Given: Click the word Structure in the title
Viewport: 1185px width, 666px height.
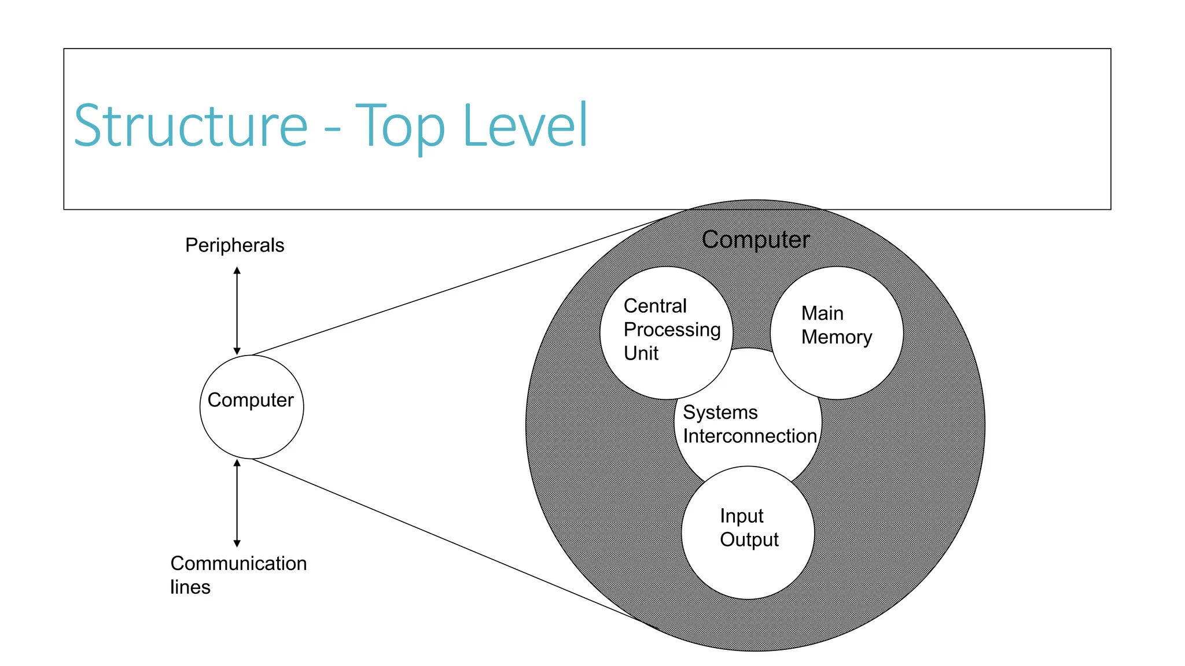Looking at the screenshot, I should pos(191,125).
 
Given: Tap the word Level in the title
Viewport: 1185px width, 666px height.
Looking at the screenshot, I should pos(525,125).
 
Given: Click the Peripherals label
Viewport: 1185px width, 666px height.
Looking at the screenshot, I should pos(234,245).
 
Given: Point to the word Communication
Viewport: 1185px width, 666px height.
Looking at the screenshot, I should pos(238,563).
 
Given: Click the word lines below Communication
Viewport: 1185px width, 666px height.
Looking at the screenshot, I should pos(190,587).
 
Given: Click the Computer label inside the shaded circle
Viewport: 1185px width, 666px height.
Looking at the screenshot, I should pos(755,239).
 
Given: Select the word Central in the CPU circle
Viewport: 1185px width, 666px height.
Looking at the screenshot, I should pos(655,306).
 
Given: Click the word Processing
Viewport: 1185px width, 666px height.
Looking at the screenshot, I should pos(672,330).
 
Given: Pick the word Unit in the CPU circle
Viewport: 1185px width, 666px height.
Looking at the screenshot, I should pos(641,353).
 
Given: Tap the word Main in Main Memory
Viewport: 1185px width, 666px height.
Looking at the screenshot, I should pos(822,313).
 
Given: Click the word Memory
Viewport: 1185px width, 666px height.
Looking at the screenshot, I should pos(837,337).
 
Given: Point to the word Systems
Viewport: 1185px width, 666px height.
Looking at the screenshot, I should pos(720,412).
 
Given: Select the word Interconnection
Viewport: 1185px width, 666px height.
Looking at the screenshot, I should pos(749,436).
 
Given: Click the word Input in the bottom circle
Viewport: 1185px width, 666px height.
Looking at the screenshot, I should pos(741,516).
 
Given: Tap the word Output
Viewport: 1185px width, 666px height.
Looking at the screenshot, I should pos(749,539).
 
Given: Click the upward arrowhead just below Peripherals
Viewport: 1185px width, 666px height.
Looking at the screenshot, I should pos(237,270).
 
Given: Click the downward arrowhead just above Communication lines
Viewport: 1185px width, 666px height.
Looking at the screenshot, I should pos(237,543).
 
